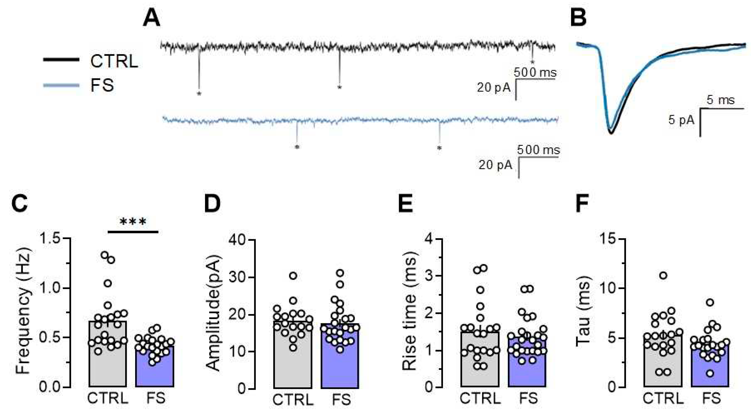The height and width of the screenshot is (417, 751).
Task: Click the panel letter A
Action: tap(151, 18)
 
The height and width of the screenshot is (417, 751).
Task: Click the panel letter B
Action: tap(578, 18)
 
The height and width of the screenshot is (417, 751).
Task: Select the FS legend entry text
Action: tap(102, 86)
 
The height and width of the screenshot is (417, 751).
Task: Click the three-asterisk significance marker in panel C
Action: tap(133, 222)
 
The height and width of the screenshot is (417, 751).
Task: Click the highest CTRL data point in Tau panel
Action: tap(663, 275)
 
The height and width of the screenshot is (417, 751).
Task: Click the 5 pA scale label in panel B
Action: tap(681, 120)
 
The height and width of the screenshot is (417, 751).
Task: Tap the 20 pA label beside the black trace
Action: tap(494, 88)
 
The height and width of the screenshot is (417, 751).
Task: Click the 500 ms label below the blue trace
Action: tap(538, 150)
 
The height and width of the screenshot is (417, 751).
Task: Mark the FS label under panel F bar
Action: tap(711, 398)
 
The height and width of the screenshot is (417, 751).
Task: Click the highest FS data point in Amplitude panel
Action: tap(340, 273)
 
